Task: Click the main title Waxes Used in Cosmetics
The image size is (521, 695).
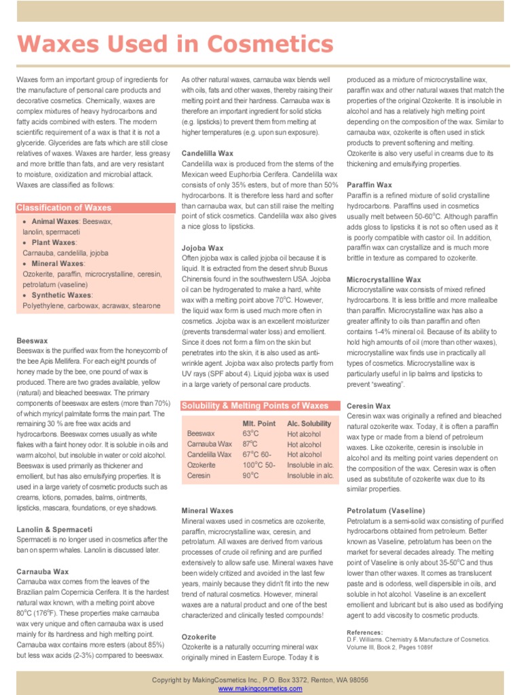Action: pyautogui.click(x=175, y=44)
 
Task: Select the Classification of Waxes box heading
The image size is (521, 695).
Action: pyautogui.click(x=64, y=208)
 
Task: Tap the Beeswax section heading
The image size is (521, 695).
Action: pyautogui.click(x=32, y=340)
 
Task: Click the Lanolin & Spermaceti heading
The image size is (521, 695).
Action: pyautogui.click(x=54, y=529)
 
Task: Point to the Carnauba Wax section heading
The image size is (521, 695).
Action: pyautogui.click(x=43, y=571)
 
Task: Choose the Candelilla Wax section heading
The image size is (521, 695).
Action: pyautogui.click(x=208, y=153)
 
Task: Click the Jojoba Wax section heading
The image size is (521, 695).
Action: pyautogui.click(x=202, y=248)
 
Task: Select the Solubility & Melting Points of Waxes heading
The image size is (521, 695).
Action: pyautogui.click(x=254, y=406)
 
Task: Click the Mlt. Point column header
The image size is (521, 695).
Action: pyautogui.click(x=259, y=423)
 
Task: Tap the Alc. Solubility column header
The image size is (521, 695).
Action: pyautogui.click(x=309, y=423)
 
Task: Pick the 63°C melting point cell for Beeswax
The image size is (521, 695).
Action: pyautogui.click(x=251, y=434)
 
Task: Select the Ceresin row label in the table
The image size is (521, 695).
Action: pyautogui.click(x=199, y=476)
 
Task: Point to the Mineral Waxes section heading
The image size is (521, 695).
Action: pyautogui.click(x=208, y=510)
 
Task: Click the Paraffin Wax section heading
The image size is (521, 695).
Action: pyautogui.click(x=370, y=185)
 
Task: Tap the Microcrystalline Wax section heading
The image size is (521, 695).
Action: pyautogui.click(x=384, y=279)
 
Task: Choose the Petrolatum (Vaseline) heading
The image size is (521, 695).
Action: pyautogui.click(x=386, y=510)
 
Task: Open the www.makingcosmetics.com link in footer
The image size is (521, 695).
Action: pyautogui.click(x=260, y=688)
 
